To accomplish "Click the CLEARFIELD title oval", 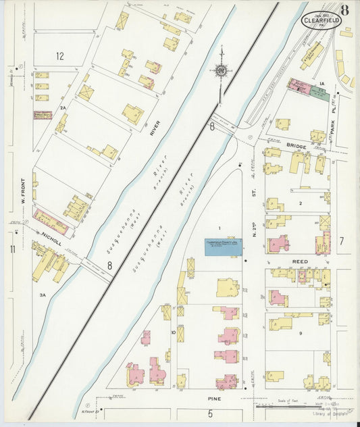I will tap(322, 20).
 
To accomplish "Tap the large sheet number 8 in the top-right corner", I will tap(345, 9).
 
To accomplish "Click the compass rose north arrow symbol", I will tap(221, 68).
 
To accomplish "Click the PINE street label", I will tap(215, 399).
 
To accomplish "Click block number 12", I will tap(59, 56).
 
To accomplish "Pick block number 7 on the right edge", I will tap(342, 240).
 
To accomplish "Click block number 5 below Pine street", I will tap(210, 413).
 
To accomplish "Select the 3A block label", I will tap(42, 295).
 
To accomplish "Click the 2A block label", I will tap(63, 107).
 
